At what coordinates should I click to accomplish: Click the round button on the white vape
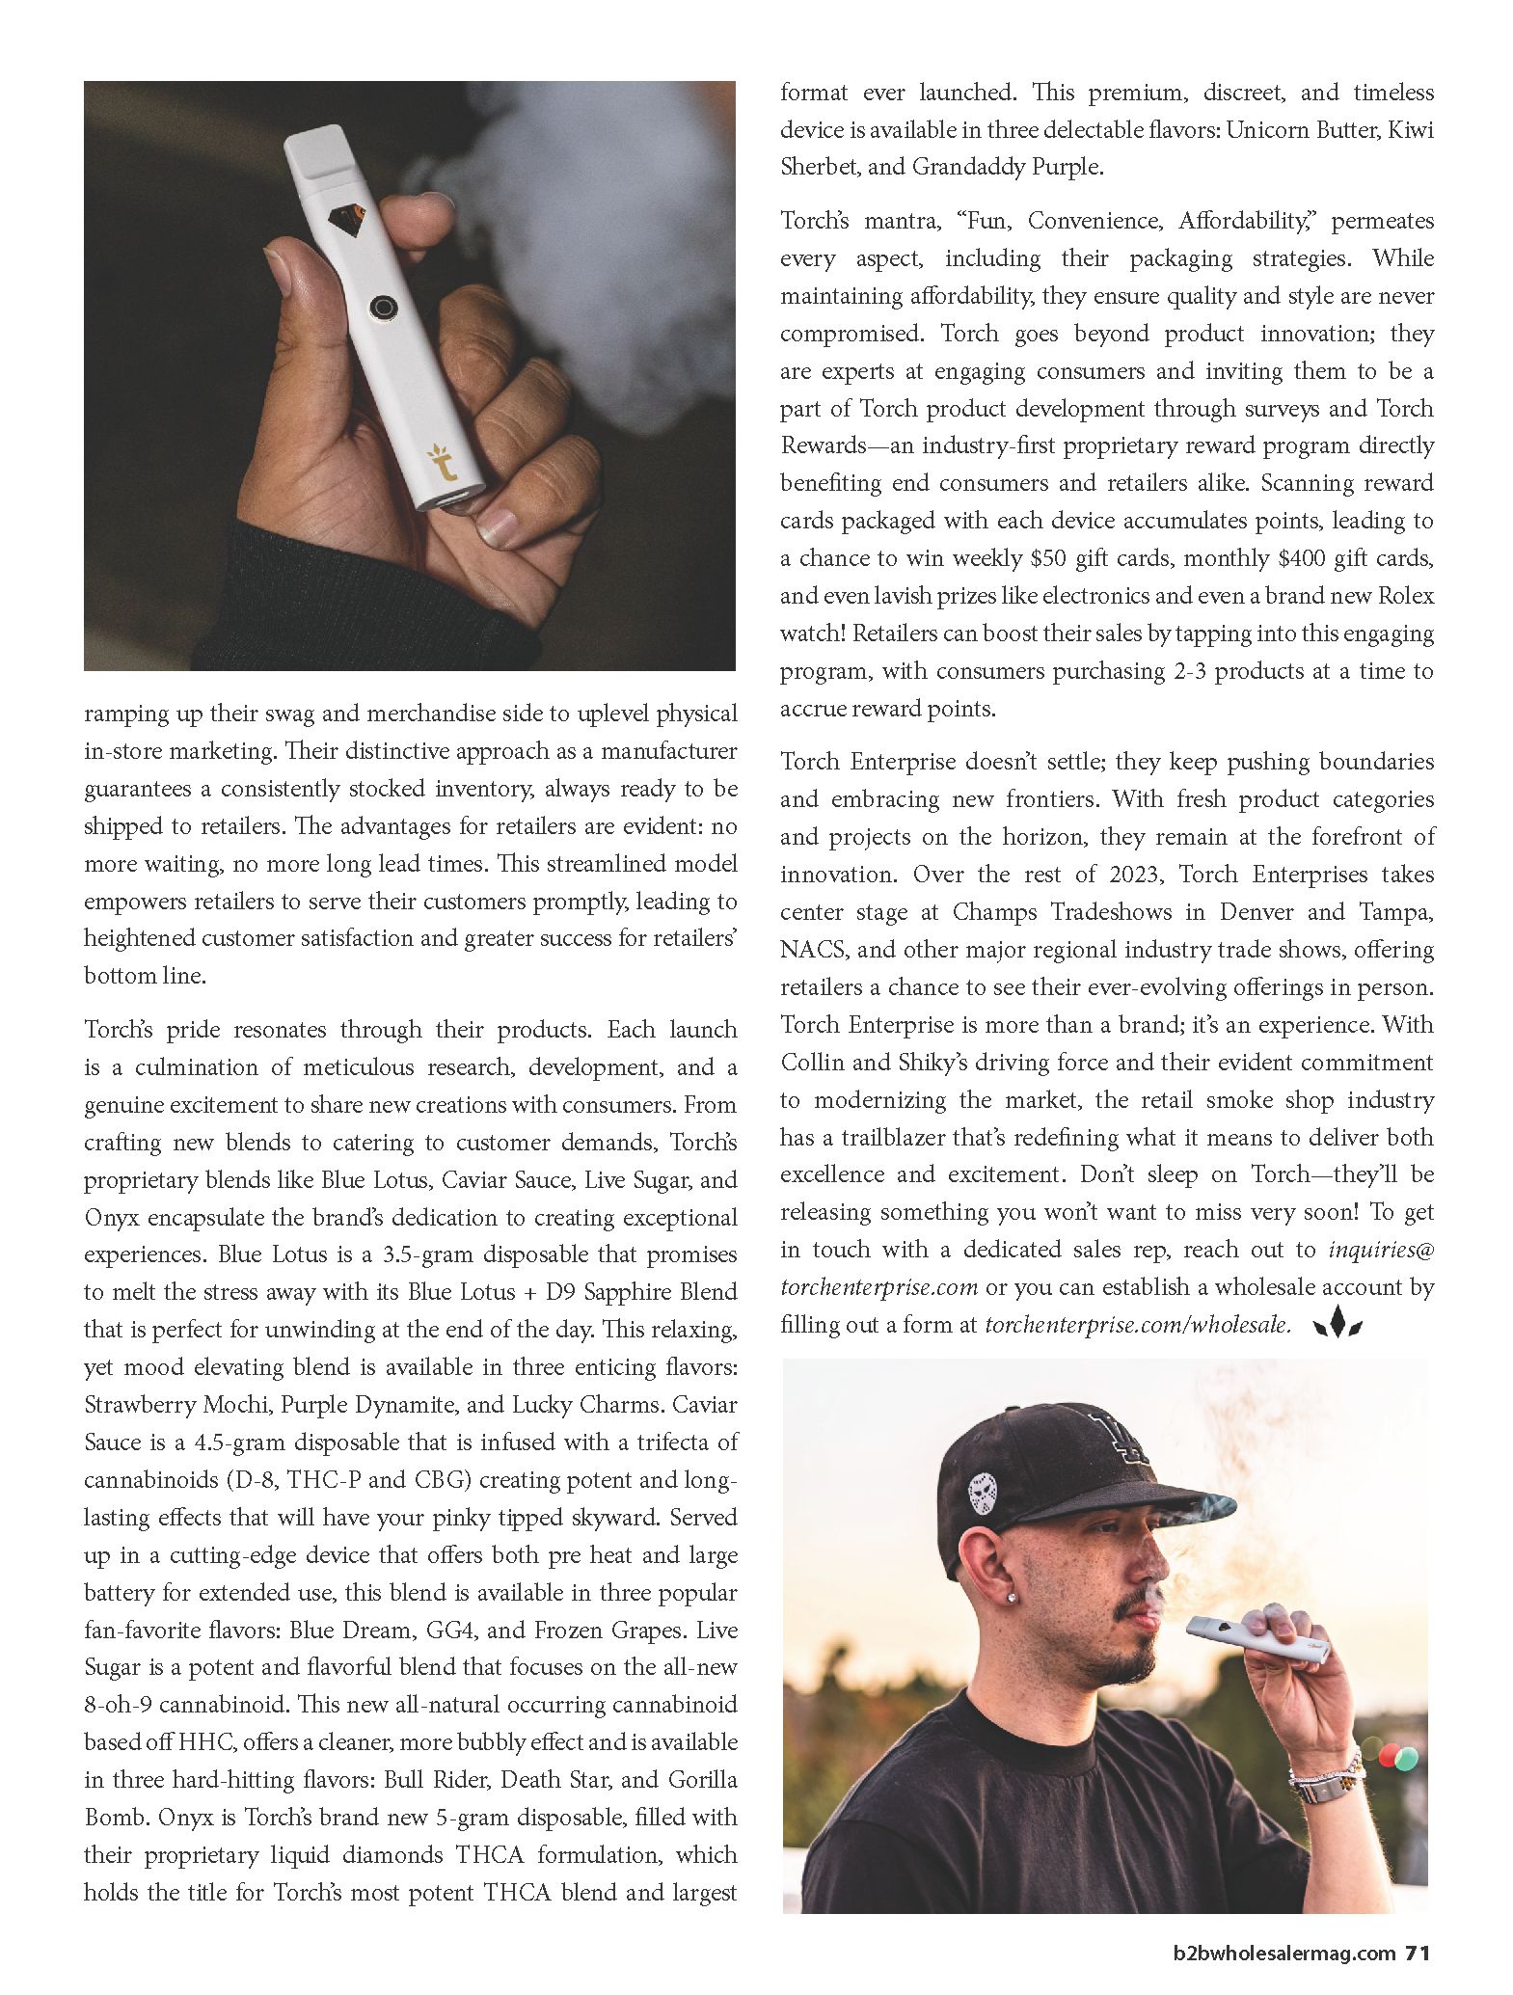(x=384, y=307)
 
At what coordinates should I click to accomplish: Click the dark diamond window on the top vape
(x=343, y=221)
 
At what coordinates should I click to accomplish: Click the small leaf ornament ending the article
(x=1337, y=1324)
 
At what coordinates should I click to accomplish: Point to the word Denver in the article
(x=1262, y=912)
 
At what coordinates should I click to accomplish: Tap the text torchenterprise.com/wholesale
(x=1137, y=1325)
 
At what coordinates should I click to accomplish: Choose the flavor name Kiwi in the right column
(x=1411, y=130)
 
